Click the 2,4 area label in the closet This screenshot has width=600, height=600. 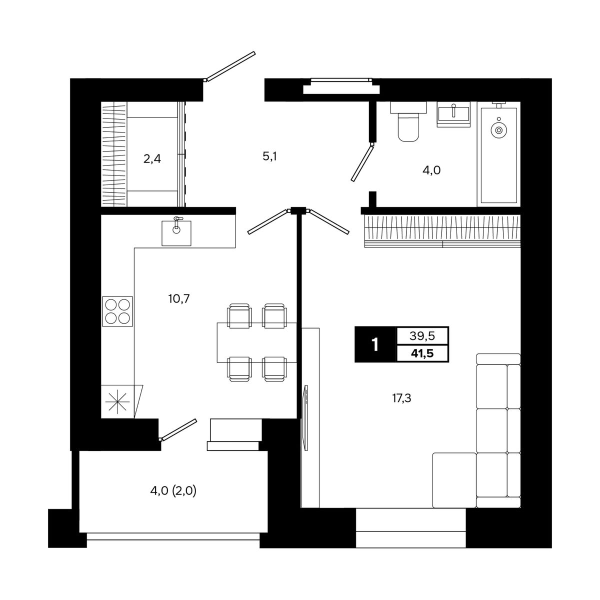[x=152, y=159]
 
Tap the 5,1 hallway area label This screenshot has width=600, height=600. [x=269, y=156]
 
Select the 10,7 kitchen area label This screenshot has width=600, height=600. [x=179, y=299]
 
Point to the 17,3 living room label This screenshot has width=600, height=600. [x=401, y=398]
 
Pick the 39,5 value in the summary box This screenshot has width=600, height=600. [x=422, y=335]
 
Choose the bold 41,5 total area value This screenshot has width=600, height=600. [x=422, y=353]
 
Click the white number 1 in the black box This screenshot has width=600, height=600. [x=375, y=344]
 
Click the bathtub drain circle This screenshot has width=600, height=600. [x=499, y=130]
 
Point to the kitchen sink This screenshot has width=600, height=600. [x=176, y=232]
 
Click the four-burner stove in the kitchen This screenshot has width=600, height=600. [x=117, y=311]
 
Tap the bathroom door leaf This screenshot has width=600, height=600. [x=362, y=162]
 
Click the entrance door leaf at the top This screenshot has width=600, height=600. [x=230, y=66]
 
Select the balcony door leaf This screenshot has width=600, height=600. [x=178, y=430]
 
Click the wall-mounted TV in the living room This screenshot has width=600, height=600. [x=306, y=417]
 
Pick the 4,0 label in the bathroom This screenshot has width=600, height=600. [x=431, y=170]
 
